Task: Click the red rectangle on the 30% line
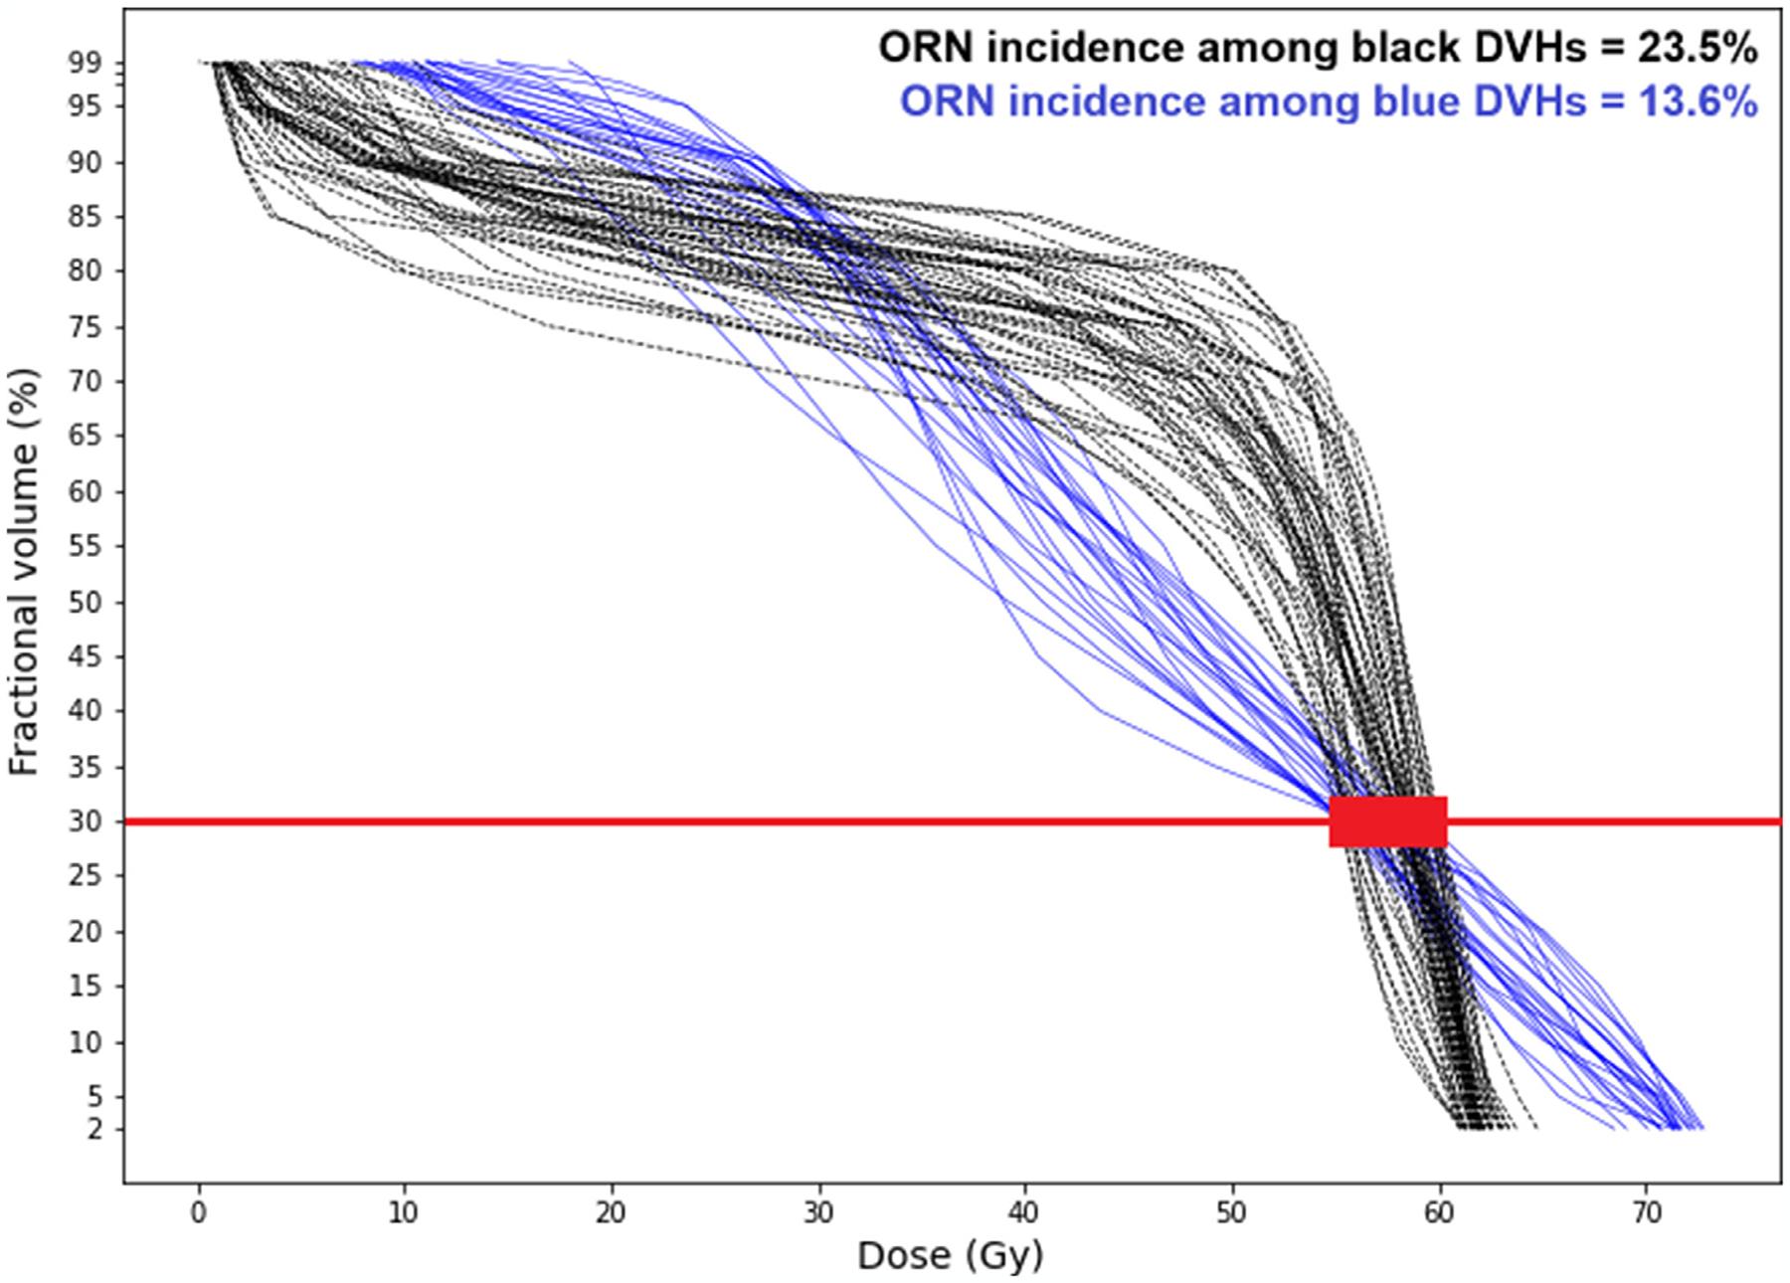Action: click(x=1387, y=822)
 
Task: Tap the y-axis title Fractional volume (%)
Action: click(x=24, y=572)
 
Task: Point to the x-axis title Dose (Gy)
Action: click(x=950, y=1255)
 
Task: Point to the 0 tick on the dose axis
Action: click(x=199, y=1213)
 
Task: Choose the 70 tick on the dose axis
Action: click(x=1647, y=1213)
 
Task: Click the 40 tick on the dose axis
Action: click(x=1025, y=1213)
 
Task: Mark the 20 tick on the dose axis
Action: click(x=612, y=1213)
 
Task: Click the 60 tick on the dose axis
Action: click(x=1439, y=1213)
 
